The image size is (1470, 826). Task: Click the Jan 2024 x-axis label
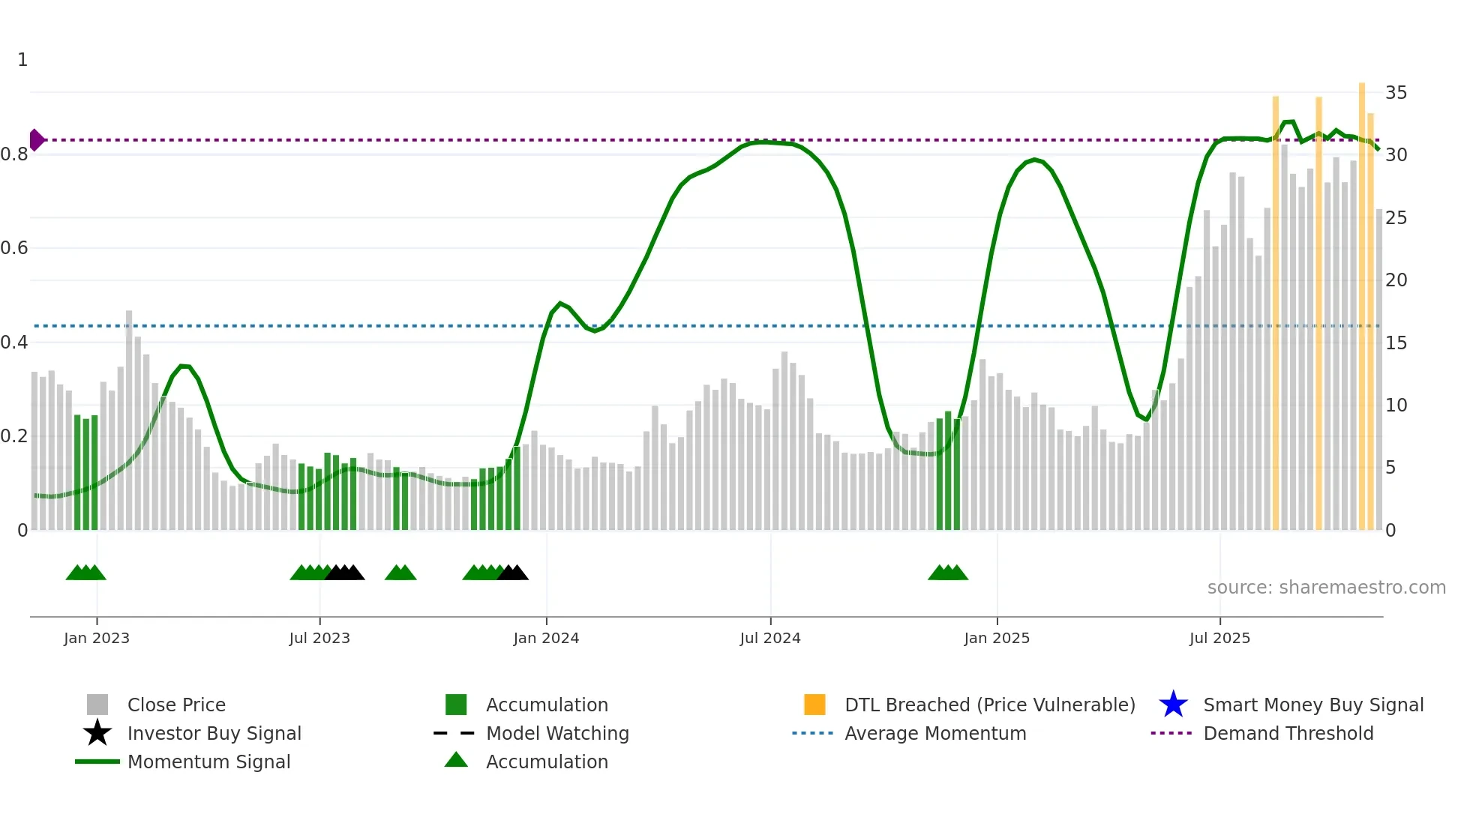(546, 638)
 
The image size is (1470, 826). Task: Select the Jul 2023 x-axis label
(319, 638)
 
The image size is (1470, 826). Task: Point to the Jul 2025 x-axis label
(1219, 638)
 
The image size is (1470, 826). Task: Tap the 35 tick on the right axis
(1396, 93)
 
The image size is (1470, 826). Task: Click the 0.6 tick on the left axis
(15, 248)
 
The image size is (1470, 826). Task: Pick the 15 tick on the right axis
(1396, 343)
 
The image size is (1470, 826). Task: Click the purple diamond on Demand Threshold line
(36, 140)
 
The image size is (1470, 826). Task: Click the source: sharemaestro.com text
(1326, 588)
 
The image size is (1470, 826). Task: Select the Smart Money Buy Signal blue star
(1173, 705)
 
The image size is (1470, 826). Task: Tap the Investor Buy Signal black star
(97, 733)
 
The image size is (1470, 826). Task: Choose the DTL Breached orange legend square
(814, 705)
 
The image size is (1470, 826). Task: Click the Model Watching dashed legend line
(454, 733)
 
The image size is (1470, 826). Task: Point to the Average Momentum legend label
(935, 733)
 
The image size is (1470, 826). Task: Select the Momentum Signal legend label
(208, 762)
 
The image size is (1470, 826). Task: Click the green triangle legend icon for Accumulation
(456, 760)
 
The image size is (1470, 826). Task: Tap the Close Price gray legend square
(97, 705)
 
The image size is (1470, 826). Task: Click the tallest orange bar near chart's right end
(1362, 300)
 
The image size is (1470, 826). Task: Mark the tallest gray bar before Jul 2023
(129, 420)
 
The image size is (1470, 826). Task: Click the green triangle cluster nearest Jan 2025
(948, 573)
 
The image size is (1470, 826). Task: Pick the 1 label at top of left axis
(22, 60)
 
